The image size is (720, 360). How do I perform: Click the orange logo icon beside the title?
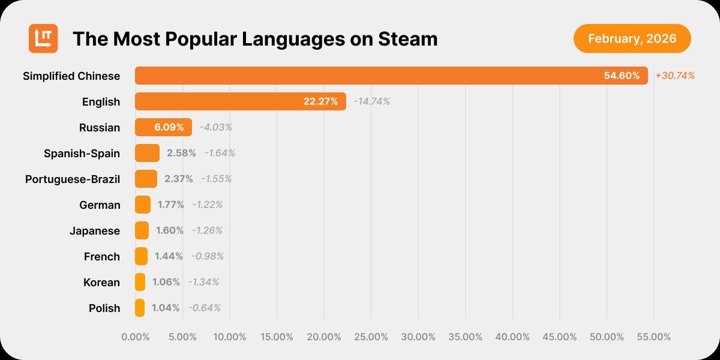(43, 38)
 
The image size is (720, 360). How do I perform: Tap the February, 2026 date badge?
(632, 39)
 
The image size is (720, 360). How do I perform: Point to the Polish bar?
(140, 308)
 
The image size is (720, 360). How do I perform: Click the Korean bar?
(140, 282)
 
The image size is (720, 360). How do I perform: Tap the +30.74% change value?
(675, 76)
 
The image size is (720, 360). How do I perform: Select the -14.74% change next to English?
(371, 101)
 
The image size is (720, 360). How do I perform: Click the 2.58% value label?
(181, 153)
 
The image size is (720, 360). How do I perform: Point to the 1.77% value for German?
(171, 205)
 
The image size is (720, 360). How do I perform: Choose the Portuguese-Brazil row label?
(73, 179)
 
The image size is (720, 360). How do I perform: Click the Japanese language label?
(95, 230)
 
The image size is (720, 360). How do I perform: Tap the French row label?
(102, 256)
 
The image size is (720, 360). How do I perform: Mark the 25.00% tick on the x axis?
(371, 337)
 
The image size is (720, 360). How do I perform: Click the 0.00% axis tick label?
(136, 337)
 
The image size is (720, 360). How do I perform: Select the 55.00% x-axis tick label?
(653, 337)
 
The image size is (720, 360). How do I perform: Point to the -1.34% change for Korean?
(203, 282)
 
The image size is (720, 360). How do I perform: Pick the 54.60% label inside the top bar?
(622, 76)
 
